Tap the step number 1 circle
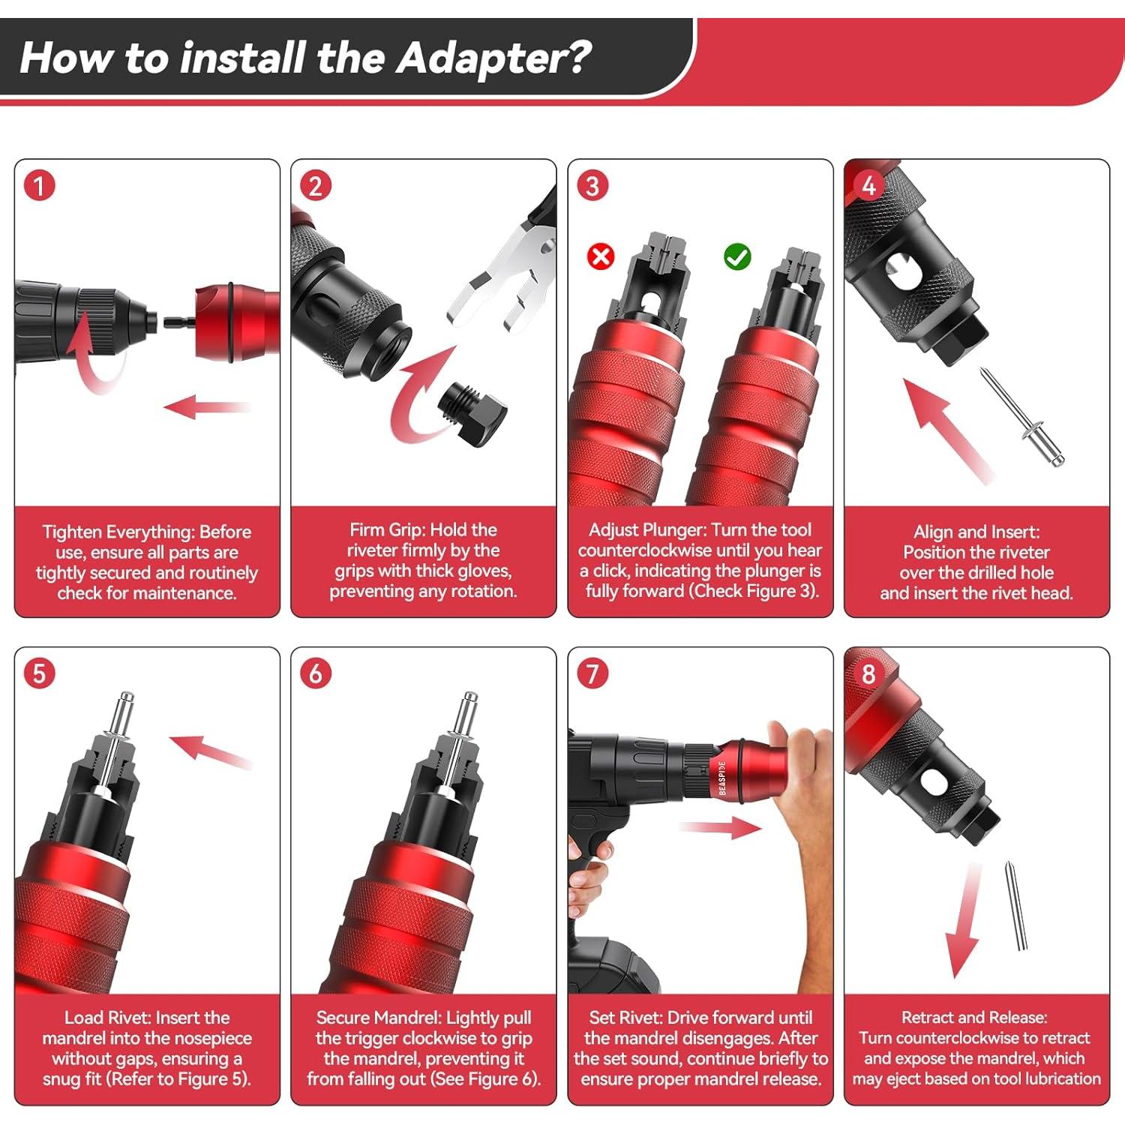click(40, 185)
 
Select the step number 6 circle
click(316, 673)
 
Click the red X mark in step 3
click(600, 256)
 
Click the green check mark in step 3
click(737, 256)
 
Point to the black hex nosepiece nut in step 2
click(472, 413)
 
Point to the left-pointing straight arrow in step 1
click(205, 407)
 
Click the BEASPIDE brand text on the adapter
click(721, 778)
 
